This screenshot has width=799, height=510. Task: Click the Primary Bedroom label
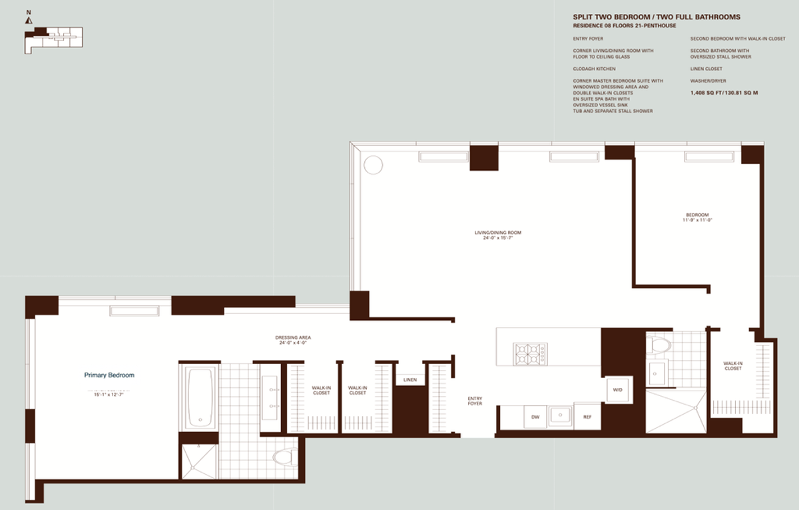coord(109,375)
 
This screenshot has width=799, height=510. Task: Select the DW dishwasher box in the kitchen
coord(535,417)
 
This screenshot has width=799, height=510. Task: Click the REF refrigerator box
coord(587,417)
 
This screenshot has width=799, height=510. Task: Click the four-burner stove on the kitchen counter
coord(530,353)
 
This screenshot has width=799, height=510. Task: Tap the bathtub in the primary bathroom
coord(199,398)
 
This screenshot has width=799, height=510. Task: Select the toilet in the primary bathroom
coord(284,457)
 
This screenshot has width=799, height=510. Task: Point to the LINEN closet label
coord(409,380)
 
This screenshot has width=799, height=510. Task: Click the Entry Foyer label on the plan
coord(475,401)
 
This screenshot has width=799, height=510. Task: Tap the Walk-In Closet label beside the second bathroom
coord(732,366)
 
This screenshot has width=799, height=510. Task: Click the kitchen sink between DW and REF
coord(560,416)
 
